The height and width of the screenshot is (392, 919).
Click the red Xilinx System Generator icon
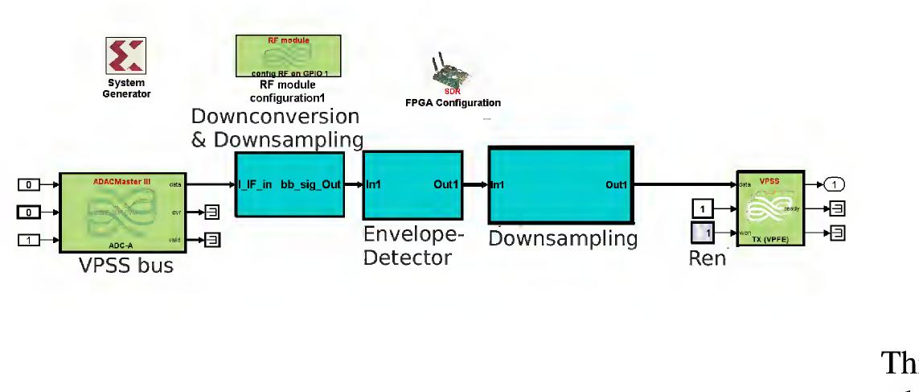pos(125,56)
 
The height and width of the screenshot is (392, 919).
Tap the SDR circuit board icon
pos(451,73)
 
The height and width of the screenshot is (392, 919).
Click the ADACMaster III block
pos(123,212)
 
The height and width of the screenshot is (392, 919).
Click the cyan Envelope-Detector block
pos(413,185)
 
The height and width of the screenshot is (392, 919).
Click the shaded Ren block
pos(702,234)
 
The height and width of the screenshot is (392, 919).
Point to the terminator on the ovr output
pos(211,212)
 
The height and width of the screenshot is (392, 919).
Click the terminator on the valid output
pos(211,239)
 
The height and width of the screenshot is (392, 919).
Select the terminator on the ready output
pos(837,209)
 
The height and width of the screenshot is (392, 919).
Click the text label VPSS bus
pos(126,266)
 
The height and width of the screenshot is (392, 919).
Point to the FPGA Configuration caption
pos(452,103)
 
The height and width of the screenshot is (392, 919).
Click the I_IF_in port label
pos(255,185)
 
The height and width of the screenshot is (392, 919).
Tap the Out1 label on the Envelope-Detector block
pos(445,185)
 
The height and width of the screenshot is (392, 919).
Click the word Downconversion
pos(274,116)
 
